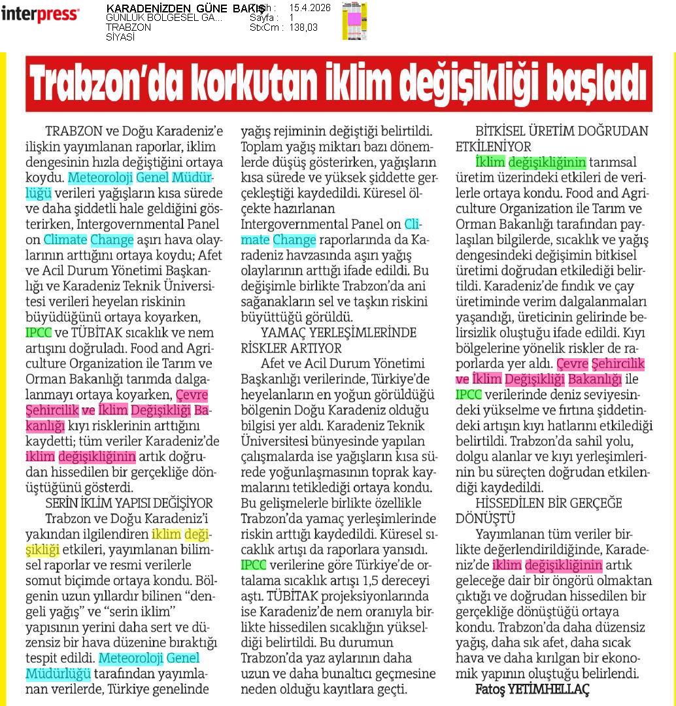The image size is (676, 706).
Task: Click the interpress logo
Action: point(40,14)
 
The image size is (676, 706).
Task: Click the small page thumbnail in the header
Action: point(354,21)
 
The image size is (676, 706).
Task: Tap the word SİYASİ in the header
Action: point(120,37)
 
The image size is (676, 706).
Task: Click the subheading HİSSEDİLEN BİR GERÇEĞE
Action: point(549,503)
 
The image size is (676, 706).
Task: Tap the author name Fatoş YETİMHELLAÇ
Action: point(532,690)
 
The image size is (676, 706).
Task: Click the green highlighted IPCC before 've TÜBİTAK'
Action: point(38,332)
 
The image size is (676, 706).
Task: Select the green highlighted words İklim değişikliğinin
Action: point(530,161)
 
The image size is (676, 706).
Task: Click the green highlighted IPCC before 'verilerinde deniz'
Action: point(469,394)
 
